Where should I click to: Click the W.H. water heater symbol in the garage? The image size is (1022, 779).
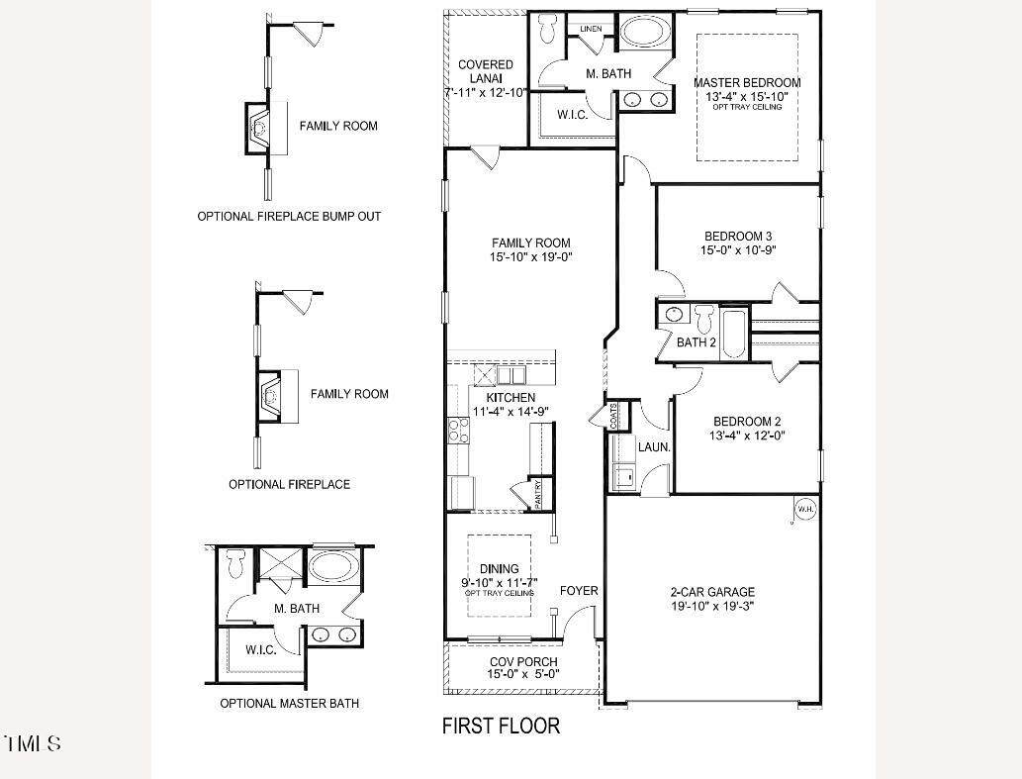point(804,510)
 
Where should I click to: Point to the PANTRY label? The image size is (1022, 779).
point(538,493)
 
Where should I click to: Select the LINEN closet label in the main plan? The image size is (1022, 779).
point(592,30)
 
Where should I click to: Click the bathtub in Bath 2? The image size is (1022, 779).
point(734,334)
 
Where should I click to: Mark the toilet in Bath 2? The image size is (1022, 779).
point(704,319)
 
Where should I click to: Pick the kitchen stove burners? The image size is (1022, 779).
point(459,429)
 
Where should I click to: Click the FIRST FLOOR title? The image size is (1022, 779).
point(501,727)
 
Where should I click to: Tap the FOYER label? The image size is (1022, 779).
point(579,591)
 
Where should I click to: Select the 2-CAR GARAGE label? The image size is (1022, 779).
point(712,592)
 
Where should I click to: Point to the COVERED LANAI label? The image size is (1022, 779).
point(485,71)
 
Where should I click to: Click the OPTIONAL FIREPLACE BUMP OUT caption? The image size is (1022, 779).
point(289,216)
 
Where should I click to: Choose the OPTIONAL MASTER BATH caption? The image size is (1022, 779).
point(289,704)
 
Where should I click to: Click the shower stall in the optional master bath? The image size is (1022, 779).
point(278,568)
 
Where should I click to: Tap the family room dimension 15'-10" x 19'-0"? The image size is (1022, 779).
point(531,257)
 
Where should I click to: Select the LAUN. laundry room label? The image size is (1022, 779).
point(654,447)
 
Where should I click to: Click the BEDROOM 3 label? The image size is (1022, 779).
point(738,236)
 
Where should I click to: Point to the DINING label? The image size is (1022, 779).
point(499,569)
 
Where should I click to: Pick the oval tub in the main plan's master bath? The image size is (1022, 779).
point(644,31)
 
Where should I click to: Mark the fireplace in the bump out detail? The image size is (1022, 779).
point(259,127)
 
